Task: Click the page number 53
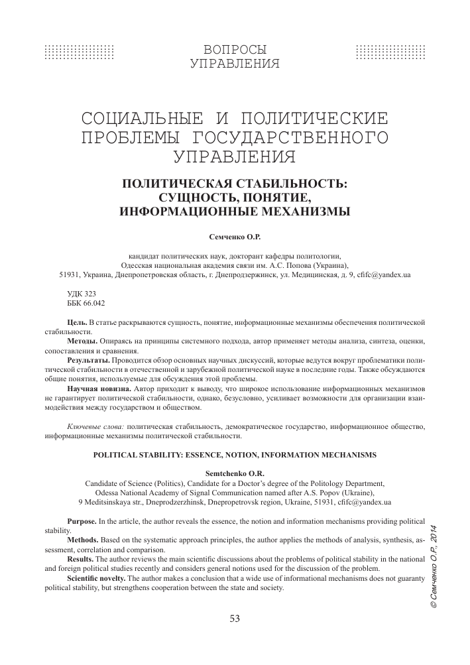tap(235, 618)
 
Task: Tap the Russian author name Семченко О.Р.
tap(235, 235)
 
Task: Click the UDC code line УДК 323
tap(82, 292)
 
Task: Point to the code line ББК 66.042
tap(86, 302)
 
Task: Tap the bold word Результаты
tap(90, 360)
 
